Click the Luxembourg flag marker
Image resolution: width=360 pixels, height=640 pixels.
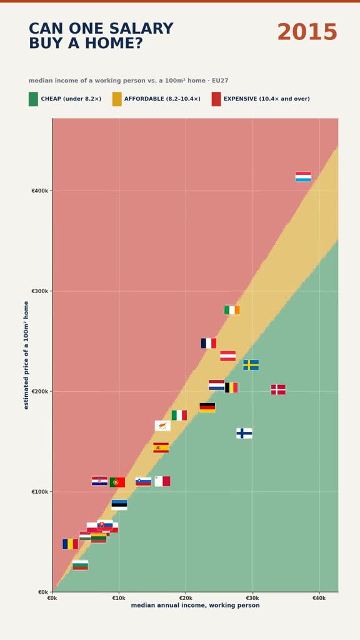pyautogui.click(x=303, y=176)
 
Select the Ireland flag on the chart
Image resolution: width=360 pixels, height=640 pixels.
pyautogui.click(x=232, y=310)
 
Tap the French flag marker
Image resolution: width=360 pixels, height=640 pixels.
pyautogui.click(x=209, y=343)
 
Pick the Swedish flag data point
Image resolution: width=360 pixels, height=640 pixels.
pyautogui.click(x=251, y=365)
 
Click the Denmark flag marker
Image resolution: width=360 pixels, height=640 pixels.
pyautogui.click(x=278, y=389)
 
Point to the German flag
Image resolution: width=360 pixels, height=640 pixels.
pyautogui.click(x=207, y=407)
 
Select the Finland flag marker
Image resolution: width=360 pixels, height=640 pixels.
pyautogui.click(x=244, y=433)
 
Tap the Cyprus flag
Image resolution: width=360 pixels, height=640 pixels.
pyautogui.click(x=162, y=426)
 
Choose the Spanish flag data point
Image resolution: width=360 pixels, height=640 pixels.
pyautogui.click(x=161, y=447)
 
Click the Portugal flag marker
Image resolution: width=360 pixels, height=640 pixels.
pyautogui.click(x=117, y=482)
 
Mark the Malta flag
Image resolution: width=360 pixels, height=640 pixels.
pyautogui.click(x=162, y=481)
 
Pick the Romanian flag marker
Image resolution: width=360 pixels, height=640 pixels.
pyautogui.click(x=70, y=544)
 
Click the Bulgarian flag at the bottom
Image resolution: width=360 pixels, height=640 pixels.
pyautogui.click(x=80, y=565)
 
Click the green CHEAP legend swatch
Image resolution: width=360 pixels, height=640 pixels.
pyautogui.click(x=33, y=99)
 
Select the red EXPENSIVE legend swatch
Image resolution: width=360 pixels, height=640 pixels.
pyautogui.click(x=216, y=99)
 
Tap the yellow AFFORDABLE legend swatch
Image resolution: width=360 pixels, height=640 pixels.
pyautogui.click(x=117, y=99)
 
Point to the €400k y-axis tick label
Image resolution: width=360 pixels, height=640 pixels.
pyautogui.click(x=40, y=191)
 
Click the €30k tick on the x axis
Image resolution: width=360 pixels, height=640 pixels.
pyautogui.click(x=252, y=598)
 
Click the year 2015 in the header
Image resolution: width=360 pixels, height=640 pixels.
pyautogui.click(x=307, y=32)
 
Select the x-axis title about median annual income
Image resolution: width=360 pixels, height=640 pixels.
pyautogui.click(x=195, y=605)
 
